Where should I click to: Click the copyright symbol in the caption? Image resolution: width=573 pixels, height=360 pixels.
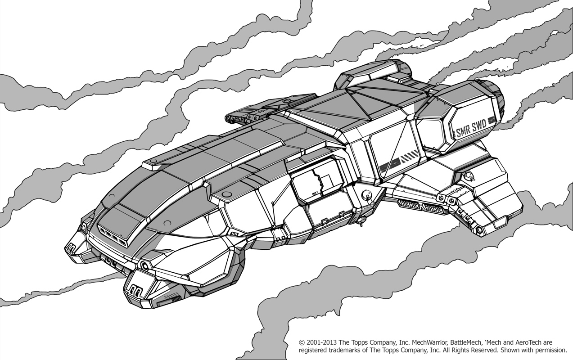(302, 342)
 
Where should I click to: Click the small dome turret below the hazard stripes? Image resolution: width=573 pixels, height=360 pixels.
(367, 195)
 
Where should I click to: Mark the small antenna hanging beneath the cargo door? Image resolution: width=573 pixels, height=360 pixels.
(360, 220)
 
